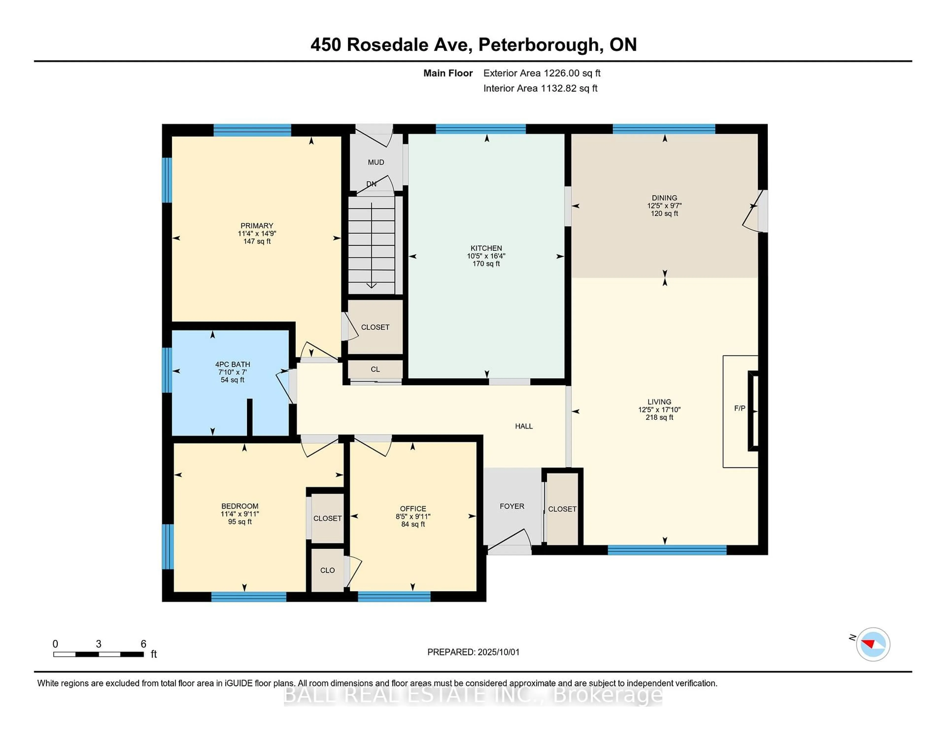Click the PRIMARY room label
click(257, 226)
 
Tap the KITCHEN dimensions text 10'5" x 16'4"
click(486, 256)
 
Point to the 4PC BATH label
click(233, 364)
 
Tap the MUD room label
click(375, 162)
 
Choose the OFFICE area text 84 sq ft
click(413, 524)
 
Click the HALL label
click(524, 426)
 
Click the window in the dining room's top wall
click(664, 129)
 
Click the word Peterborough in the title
click(538, 45)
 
